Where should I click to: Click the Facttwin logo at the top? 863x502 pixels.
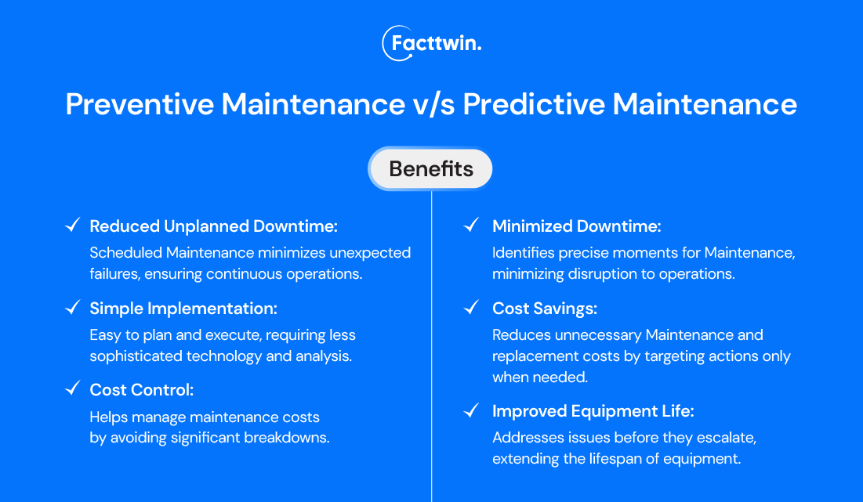431,43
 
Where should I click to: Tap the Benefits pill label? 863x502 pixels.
431,168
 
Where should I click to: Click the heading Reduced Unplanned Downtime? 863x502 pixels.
213,226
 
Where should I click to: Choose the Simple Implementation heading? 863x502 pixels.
183,309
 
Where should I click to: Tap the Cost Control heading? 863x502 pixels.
141,390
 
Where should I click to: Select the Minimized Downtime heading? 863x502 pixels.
576,226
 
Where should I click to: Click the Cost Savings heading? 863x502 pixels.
544,309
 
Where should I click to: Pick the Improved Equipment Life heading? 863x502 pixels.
593,410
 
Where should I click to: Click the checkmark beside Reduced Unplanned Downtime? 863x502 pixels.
72,226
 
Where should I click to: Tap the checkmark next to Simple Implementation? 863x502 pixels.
72,308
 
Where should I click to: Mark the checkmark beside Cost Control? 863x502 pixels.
72,389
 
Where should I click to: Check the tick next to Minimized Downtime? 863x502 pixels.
471,226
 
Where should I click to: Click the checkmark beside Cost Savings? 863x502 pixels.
471,308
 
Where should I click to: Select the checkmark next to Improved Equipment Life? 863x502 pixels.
471,410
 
